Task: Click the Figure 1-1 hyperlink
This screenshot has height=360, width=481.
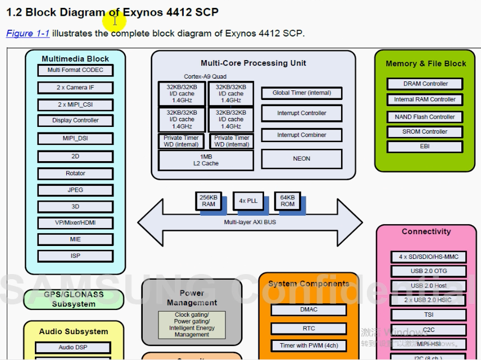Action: (x=28, y=34)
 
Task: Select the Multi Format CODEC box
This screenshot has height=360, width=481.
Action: (x=75, y=70)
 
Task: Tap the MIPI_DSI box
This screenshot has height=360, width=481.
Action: (x=75, y=138)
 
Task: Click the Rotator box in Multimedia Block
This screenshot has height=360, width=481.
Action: (x=75, y=174)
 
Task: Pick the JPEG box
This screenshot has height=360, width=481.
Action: (x=75, y=190)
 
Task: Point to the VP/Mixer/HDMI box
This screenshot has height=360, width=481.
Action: (x=75, y=222)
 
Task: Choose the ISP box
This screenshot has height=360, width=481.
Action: (x=75, y=256)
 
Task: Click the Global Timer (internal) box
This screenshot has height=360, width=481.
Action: (x=302, y=93)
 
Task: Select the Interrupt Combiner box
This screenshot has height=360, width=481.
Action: (x=302, y=135)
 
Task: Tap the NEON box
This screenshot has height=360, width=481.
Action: (x=302, y=159)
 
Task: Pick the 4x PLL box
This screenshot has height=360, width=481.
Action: (x=248, y=200)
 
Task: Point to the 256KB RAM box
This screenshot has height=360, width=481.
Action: (x=208, y=200)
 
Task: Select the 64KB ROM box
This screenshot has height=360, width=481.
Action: (x=287, y=200)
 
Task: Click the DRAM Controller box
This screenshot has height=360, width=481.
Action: (x=425, y=84)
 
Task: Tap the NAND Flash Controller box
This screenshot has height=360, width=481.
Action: (x=425, y=117)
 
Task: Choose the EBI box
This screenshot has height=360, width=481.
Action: (x=425, y=147)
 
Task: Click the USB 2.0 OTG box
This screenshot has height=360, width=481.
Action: (x=429, y=271)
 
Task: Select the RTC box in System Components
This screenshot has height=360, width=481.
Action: (x=308, y=329)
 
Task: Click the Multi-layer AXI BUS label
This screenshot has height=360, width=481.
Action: (x=250, y=222)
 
